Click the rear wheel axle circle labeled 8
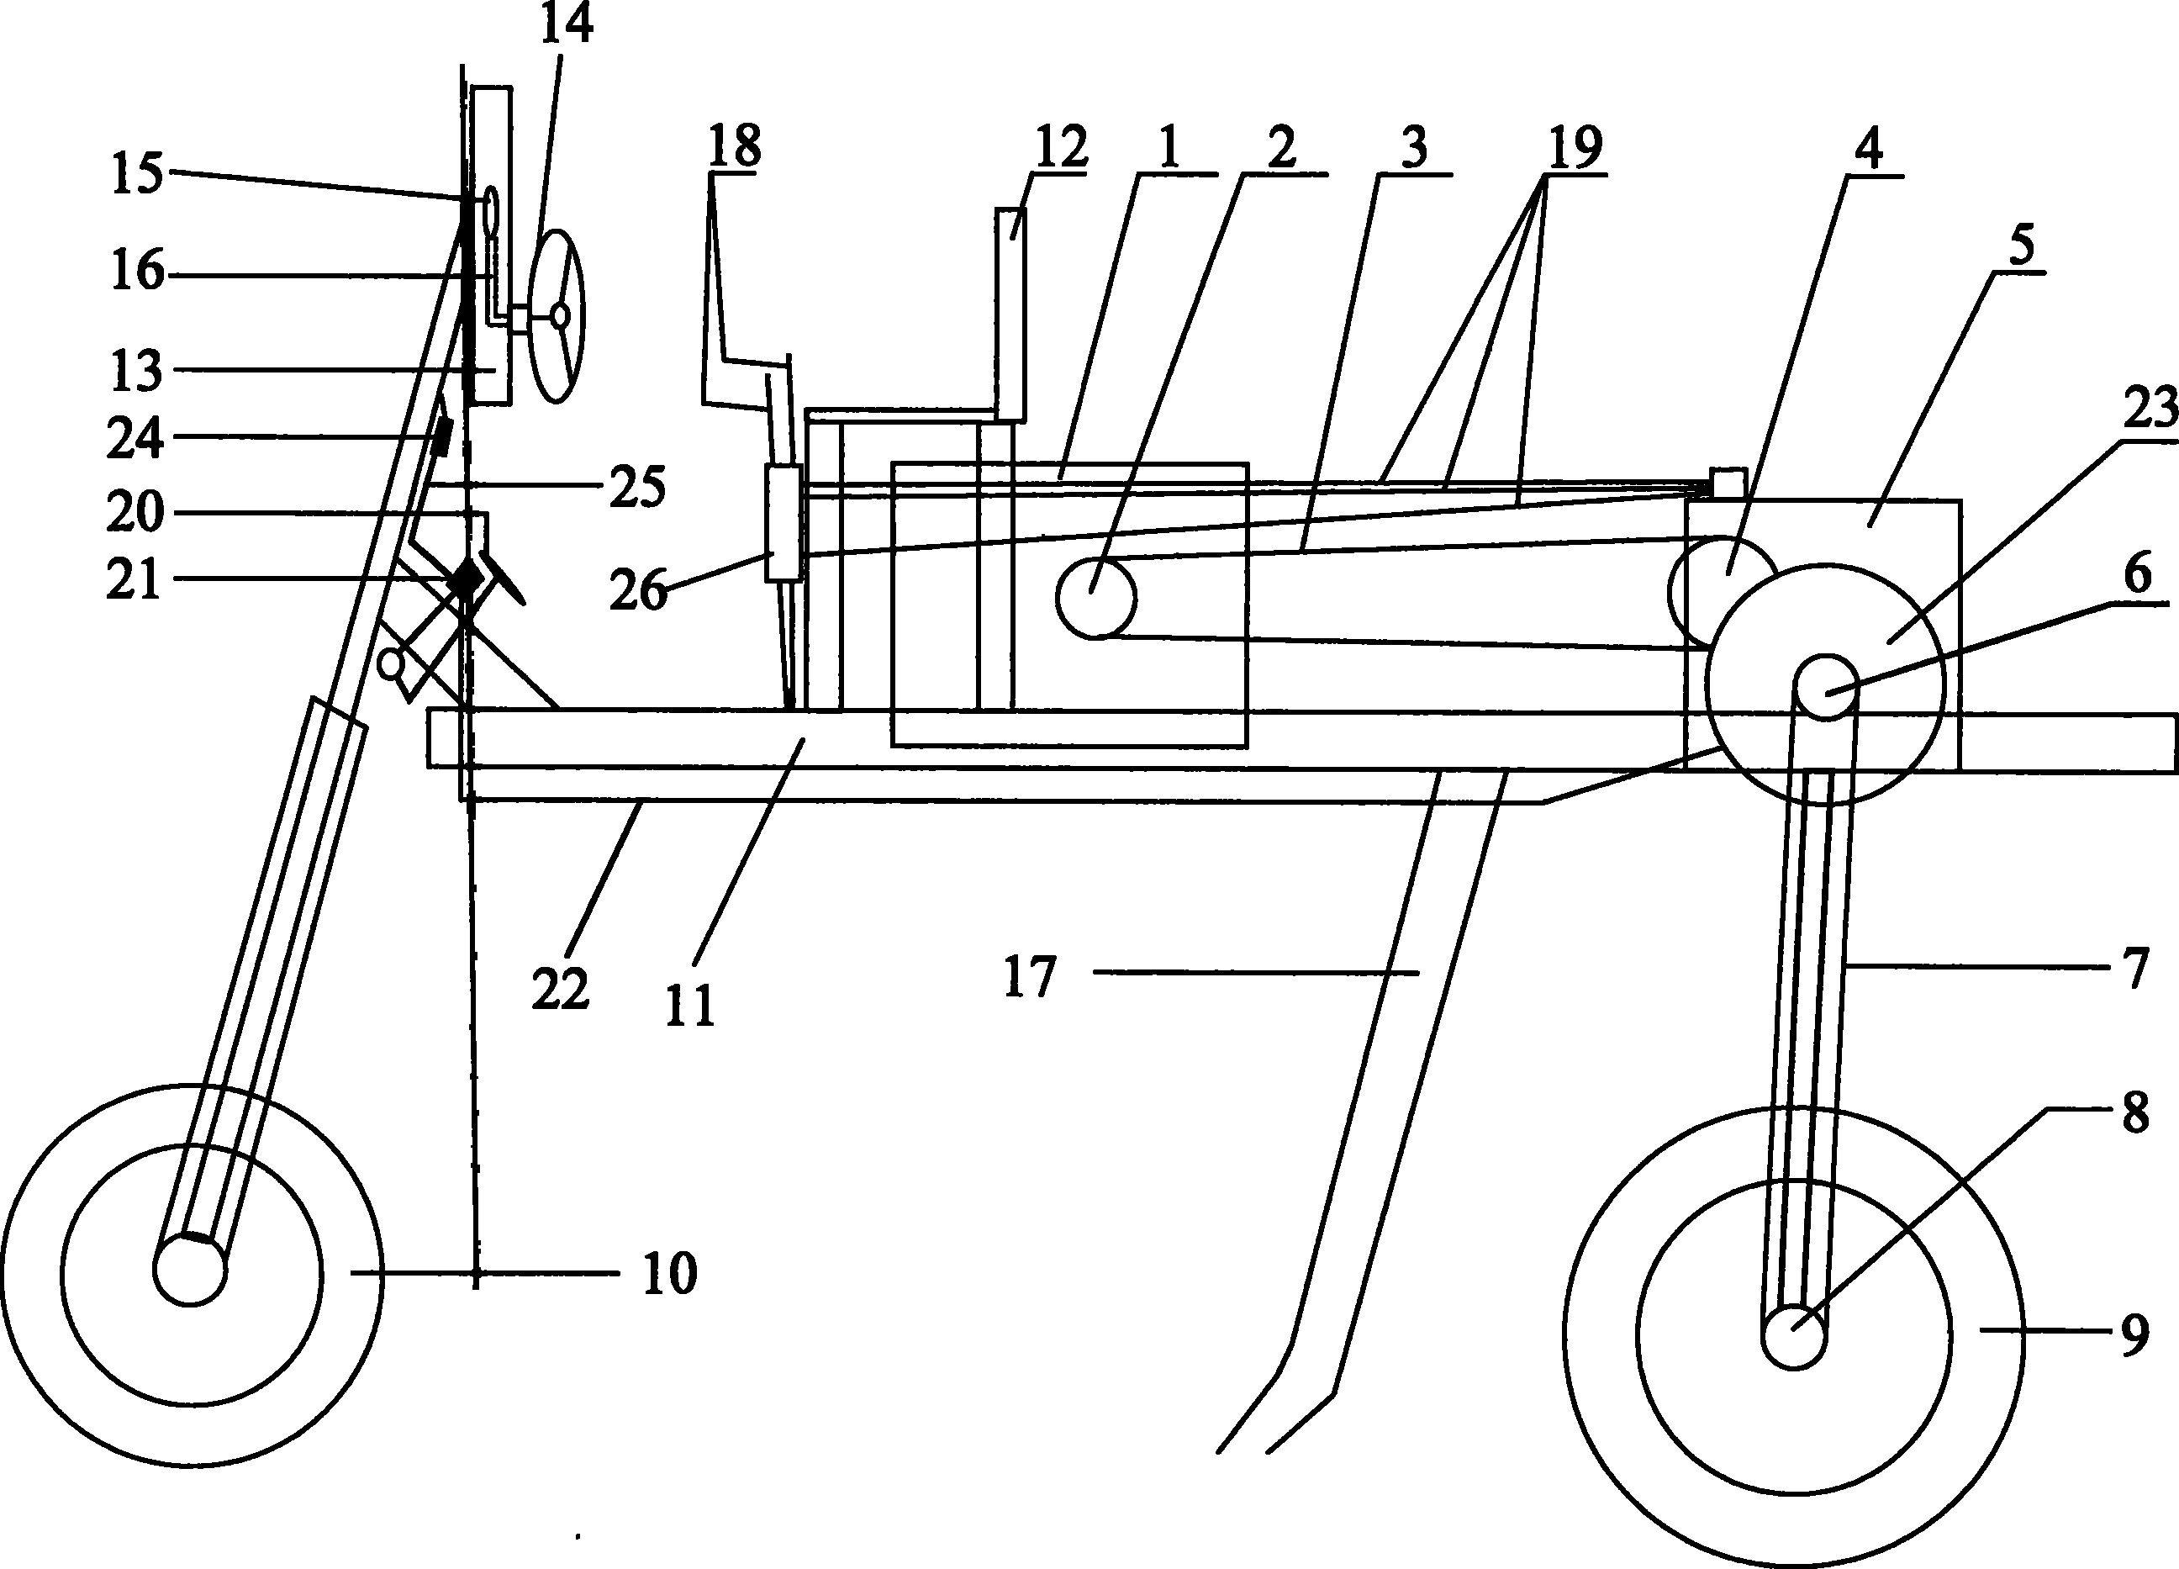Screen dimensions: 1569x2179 pos(1794,1335)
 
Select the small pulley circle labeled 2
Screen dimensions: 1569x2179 pos(1095,597)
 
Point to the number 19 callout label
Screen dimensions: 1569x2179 pos(1574,147)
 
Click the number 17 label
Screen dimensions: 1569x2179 pos(1030,977)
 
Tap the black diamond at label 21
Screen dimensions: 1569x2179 pos(468,579)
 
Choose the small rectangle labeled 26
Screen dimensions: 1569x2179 pos(783,524)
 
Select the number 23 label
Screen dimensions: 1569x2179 pos(2150,410)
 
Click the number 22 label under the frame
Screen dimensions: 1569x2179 pos(560,990)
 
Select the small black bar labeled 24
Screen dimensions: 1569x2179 pos(442,438)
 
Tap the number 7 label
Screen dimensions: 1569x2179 pos(2134,969)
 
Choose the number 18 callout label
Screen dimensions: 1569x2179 pos(735,146)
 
